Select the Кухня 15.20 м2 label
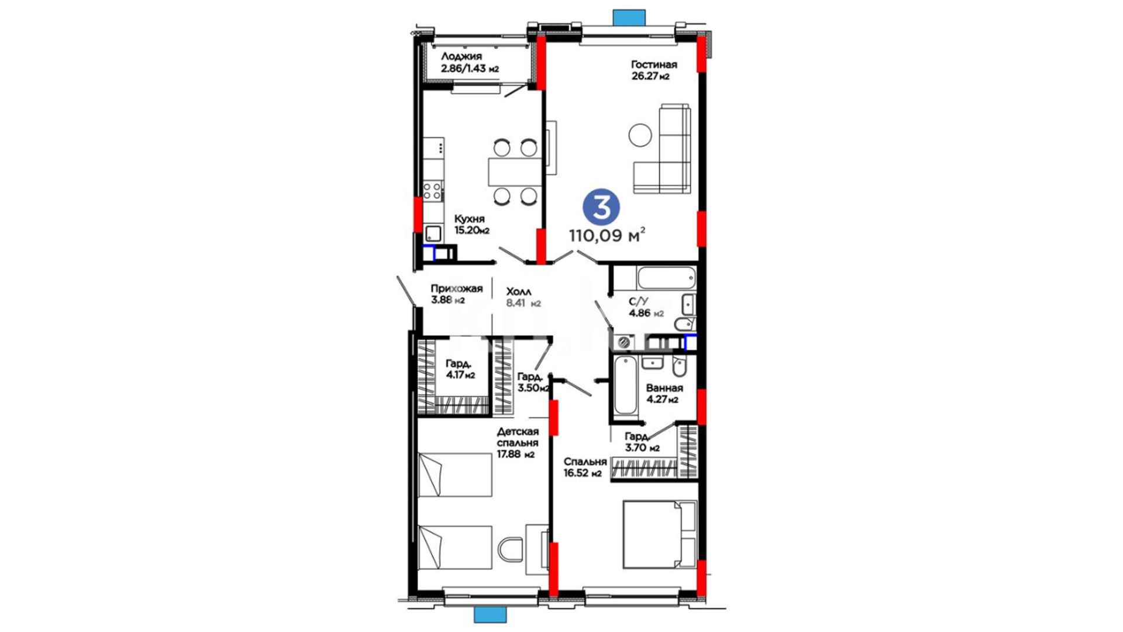[x=471, y=224]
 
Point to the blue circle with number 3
[x=601, y=208]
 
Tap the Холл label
[x=519, y=291]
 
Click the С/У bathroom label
[x=639, y=301]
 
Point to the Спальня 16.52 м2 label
[x=585, y=467]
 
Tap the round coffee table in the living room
[x=640, y=135]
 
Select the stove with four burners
[x=433, y=191]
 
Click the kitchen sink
[x=433, y=233]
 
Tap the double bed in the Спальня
[x=660, y=534]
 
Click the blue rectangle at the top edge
[x=629, y=17]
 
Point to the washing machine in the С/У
[x=625, y=341]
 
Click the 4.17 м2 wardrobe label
[x=460, y=369]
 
